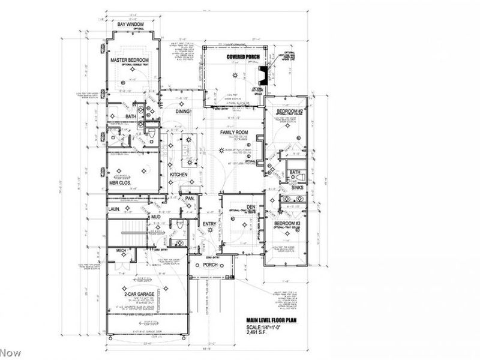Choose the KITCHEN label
tap(179, 175)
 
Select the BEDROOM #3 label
tap(287, 223)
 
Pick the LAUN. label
tap(115, 209)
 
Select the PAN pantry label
tap(188, 198)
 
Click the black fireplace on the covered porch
tap(262, 76)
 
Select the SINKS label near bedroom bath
tap(297, 187)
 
